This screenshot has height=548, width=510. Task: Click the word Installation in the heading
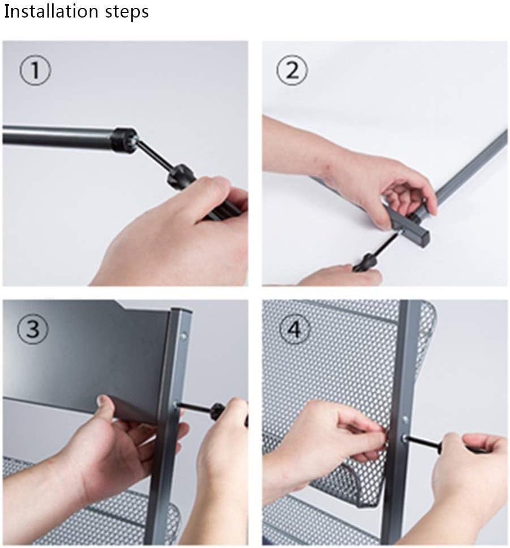point(52,11)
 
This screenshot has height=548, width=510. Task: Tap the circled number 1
point(35,70)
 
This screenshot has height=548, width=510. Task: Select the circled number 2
point(292,70)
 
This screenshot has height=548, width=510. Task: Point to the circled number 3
point(33,329)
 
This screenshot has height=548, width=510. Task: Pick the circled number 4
point(295,329)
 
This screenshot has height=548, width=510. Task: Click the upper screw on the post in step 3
point(183,337)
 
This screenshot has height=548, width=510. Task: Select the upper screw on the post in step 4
point(405,419)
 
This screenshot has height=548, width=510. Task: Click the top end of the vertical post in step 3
point(181,310)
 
